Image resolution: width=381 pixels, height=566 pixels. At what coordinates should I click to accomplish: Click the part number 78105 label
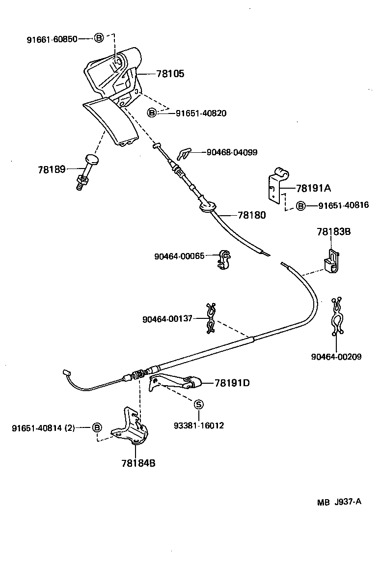coord(170,74)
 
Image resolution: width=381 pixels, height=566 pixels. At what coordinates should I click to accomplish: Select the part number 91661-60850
coord(52,39)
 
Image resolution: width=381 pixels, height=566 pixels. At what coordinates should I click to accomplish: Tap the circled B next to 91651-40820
coord(152,113)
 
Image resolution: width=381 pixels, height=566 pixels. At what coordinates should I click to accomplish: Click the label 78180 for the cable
coord(251,215)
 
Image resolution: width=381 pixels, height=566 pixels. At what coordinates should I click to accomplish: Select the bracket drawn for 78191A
coord(276,184)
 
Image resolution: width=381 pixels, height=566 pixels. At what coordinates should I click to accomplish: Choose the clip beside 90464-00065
coord(224,260)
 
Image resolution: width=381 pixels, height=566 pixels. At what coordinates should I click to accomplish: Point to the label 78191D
coord(232,383)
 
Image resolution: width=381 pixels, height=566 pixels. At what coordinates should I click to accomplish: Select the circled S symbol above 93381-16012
coord(198,404)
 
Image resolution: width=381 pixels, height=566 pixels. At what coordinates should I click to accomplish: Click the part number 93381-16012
coord(198,425)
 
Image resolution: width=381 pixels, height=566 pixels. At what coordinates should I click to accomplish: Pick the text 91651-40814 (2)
coord(43,428)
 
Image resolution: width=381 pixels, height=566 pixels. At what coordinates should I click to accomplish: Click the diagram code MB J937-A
coord(339,502)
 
